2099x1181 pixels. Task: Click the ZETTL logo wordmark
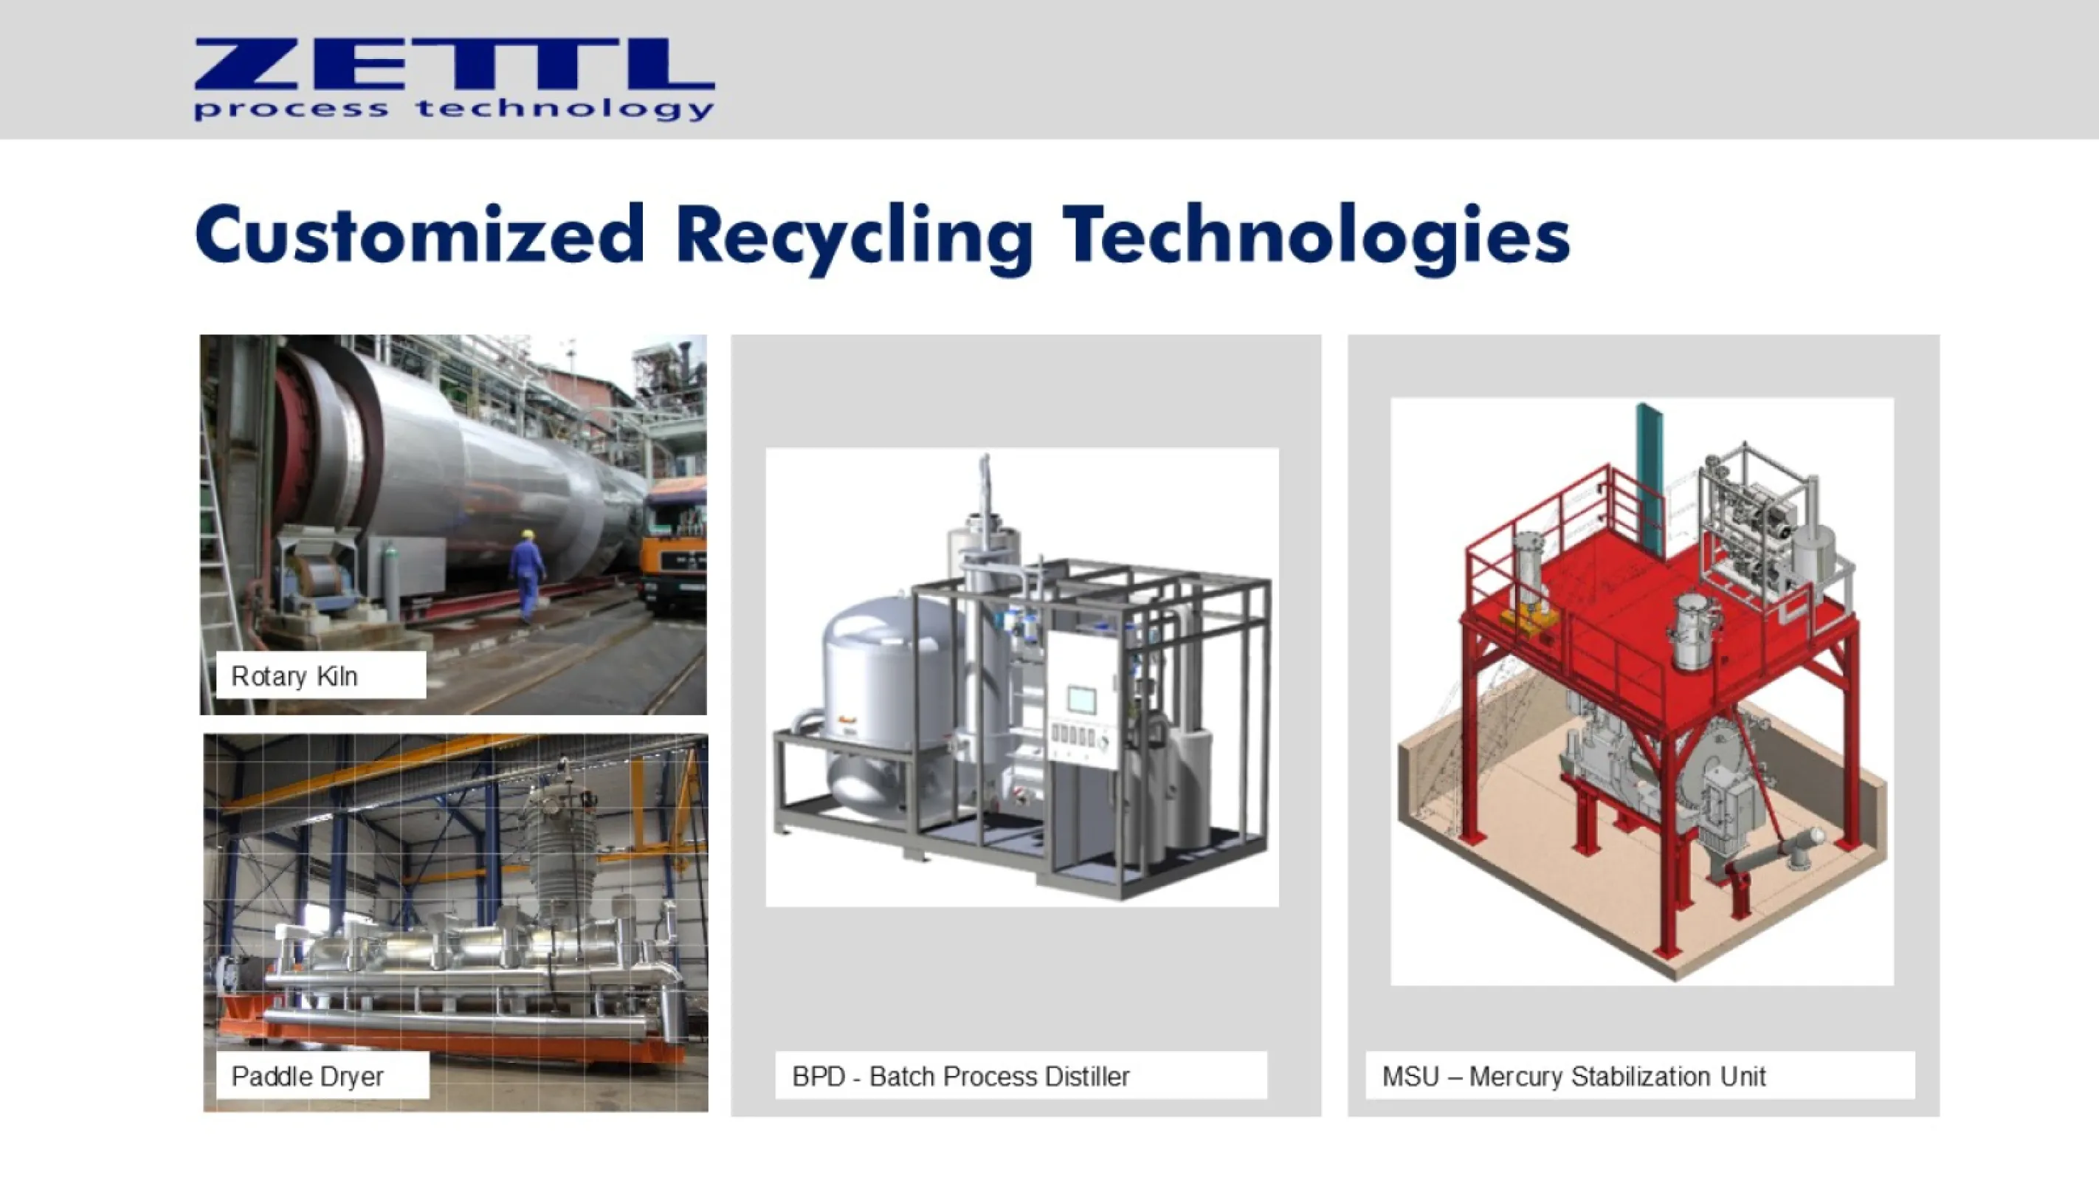(454, 63)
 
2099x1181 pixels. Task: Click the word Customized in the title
(420, 235)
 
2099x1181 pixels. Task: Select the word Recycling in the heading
(854, 236)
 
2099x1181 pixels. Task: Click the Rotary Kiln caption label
(294, 676)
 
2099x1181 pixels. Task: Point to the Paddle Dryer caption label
(307, 1077)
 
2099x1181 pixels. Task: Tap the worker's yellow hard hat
(528, 534)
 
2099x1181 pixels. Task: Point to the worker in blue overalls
(528, 574)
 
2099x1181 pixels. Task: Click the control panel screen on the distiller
(1081, 699)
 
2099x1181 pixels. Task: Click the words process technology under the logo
(454, 109)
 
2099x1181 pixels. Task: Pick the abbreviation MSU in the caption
(1410, 1077)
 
